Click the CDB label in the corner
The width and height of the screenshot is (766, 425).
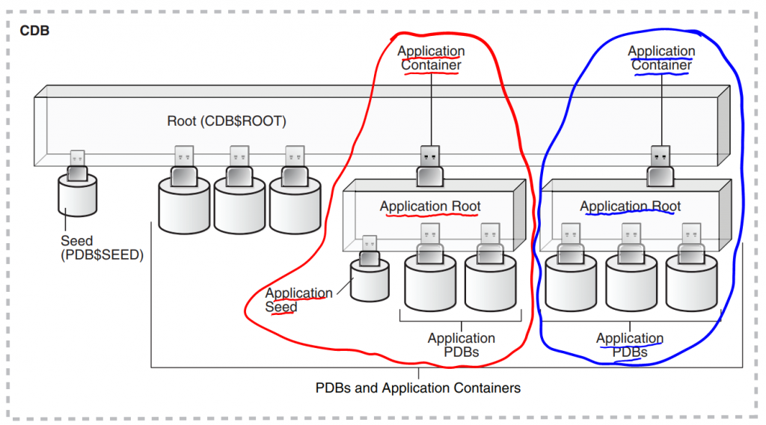click(x=34, y=31)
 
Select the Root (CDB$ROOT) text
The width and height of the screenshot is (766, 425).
click(x=227, y=121)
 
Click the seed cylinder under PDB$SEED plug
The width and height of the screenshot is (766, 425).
click(x=78, y=196)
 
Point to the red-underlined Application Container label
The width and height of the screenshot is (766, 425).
click(x=431, y=58)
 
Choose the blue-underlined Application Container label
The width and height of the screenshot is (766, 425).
click(x=661, y=58)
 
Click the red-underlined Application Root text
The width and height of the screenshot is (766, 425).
click(x=430, y=207)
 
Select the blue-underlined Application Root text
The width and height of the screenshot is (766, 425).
click(x=631, y=207)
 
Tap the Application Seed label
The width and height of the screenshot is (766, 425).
click(x=298, y=300)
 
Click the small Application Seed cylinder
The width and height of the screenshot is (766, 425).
click(x=370, y=281)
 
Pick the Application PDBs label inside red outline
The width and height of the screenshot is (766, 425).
click(x=462, y=345)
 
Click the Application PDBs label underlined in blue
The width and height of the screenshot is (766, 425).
click(x=630, y=345)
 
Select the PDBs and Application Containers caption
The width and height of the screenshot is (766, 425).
click(x=418, y=388)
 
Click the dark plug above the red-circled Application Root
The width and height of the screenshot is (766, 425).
click(x=430, y=166)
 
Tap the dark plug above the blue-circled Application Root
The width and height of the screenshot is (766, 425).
click(x=660, y=166)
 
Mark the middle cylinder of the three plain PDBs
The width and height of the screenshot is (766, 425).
click(x=239, y=206)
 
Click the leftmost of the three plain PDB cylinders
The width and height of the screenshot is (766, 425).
click(x=184, y=206)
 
